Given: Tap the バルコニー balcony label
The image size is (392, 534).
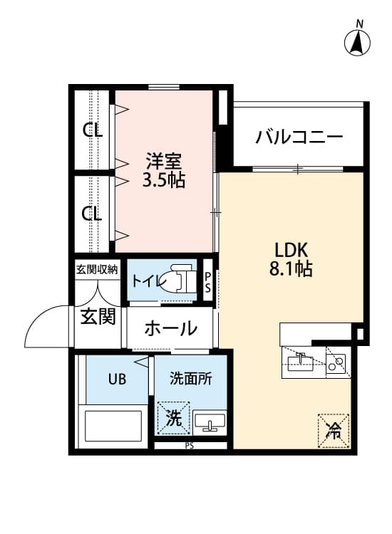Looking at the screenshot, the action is click(x=299, y=137).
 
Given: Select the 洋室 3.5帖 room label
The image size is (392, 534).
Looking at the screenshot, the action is click(x=164, y=171).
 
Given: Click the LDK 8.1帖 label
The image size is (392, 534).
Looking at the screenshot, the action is click(x=291, y=259).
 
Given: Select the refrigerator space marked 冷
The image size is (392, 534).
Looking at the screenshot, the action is click(x=334, y=431).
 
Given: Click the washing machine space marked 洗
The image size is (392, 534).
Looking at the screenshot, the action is click(x=173, y=418).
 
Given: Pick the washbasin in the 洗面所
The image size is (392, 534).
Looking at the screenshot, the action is click(x=209, y=422).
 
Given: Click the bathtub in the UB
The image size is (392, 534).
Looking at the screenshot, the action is click(x=113, y=426).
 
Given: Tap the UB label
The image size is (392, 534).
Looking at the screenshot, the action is click(x=117, y=379).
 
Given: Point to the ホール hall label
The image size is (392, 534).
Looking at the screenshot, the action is click(x=171, y=329).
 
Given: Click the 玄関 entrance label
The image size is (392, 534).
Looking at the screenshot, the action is click(x=98, y=316).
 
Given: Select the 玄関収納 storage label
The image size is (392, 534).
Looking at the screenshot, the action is click(x=97, y=270).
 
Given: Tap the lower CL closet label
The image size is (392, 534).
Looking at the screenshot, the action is click(x=92, y=214).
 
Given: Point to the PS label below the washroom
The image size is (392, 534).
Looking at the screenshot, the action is click(x=190, y=446).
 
